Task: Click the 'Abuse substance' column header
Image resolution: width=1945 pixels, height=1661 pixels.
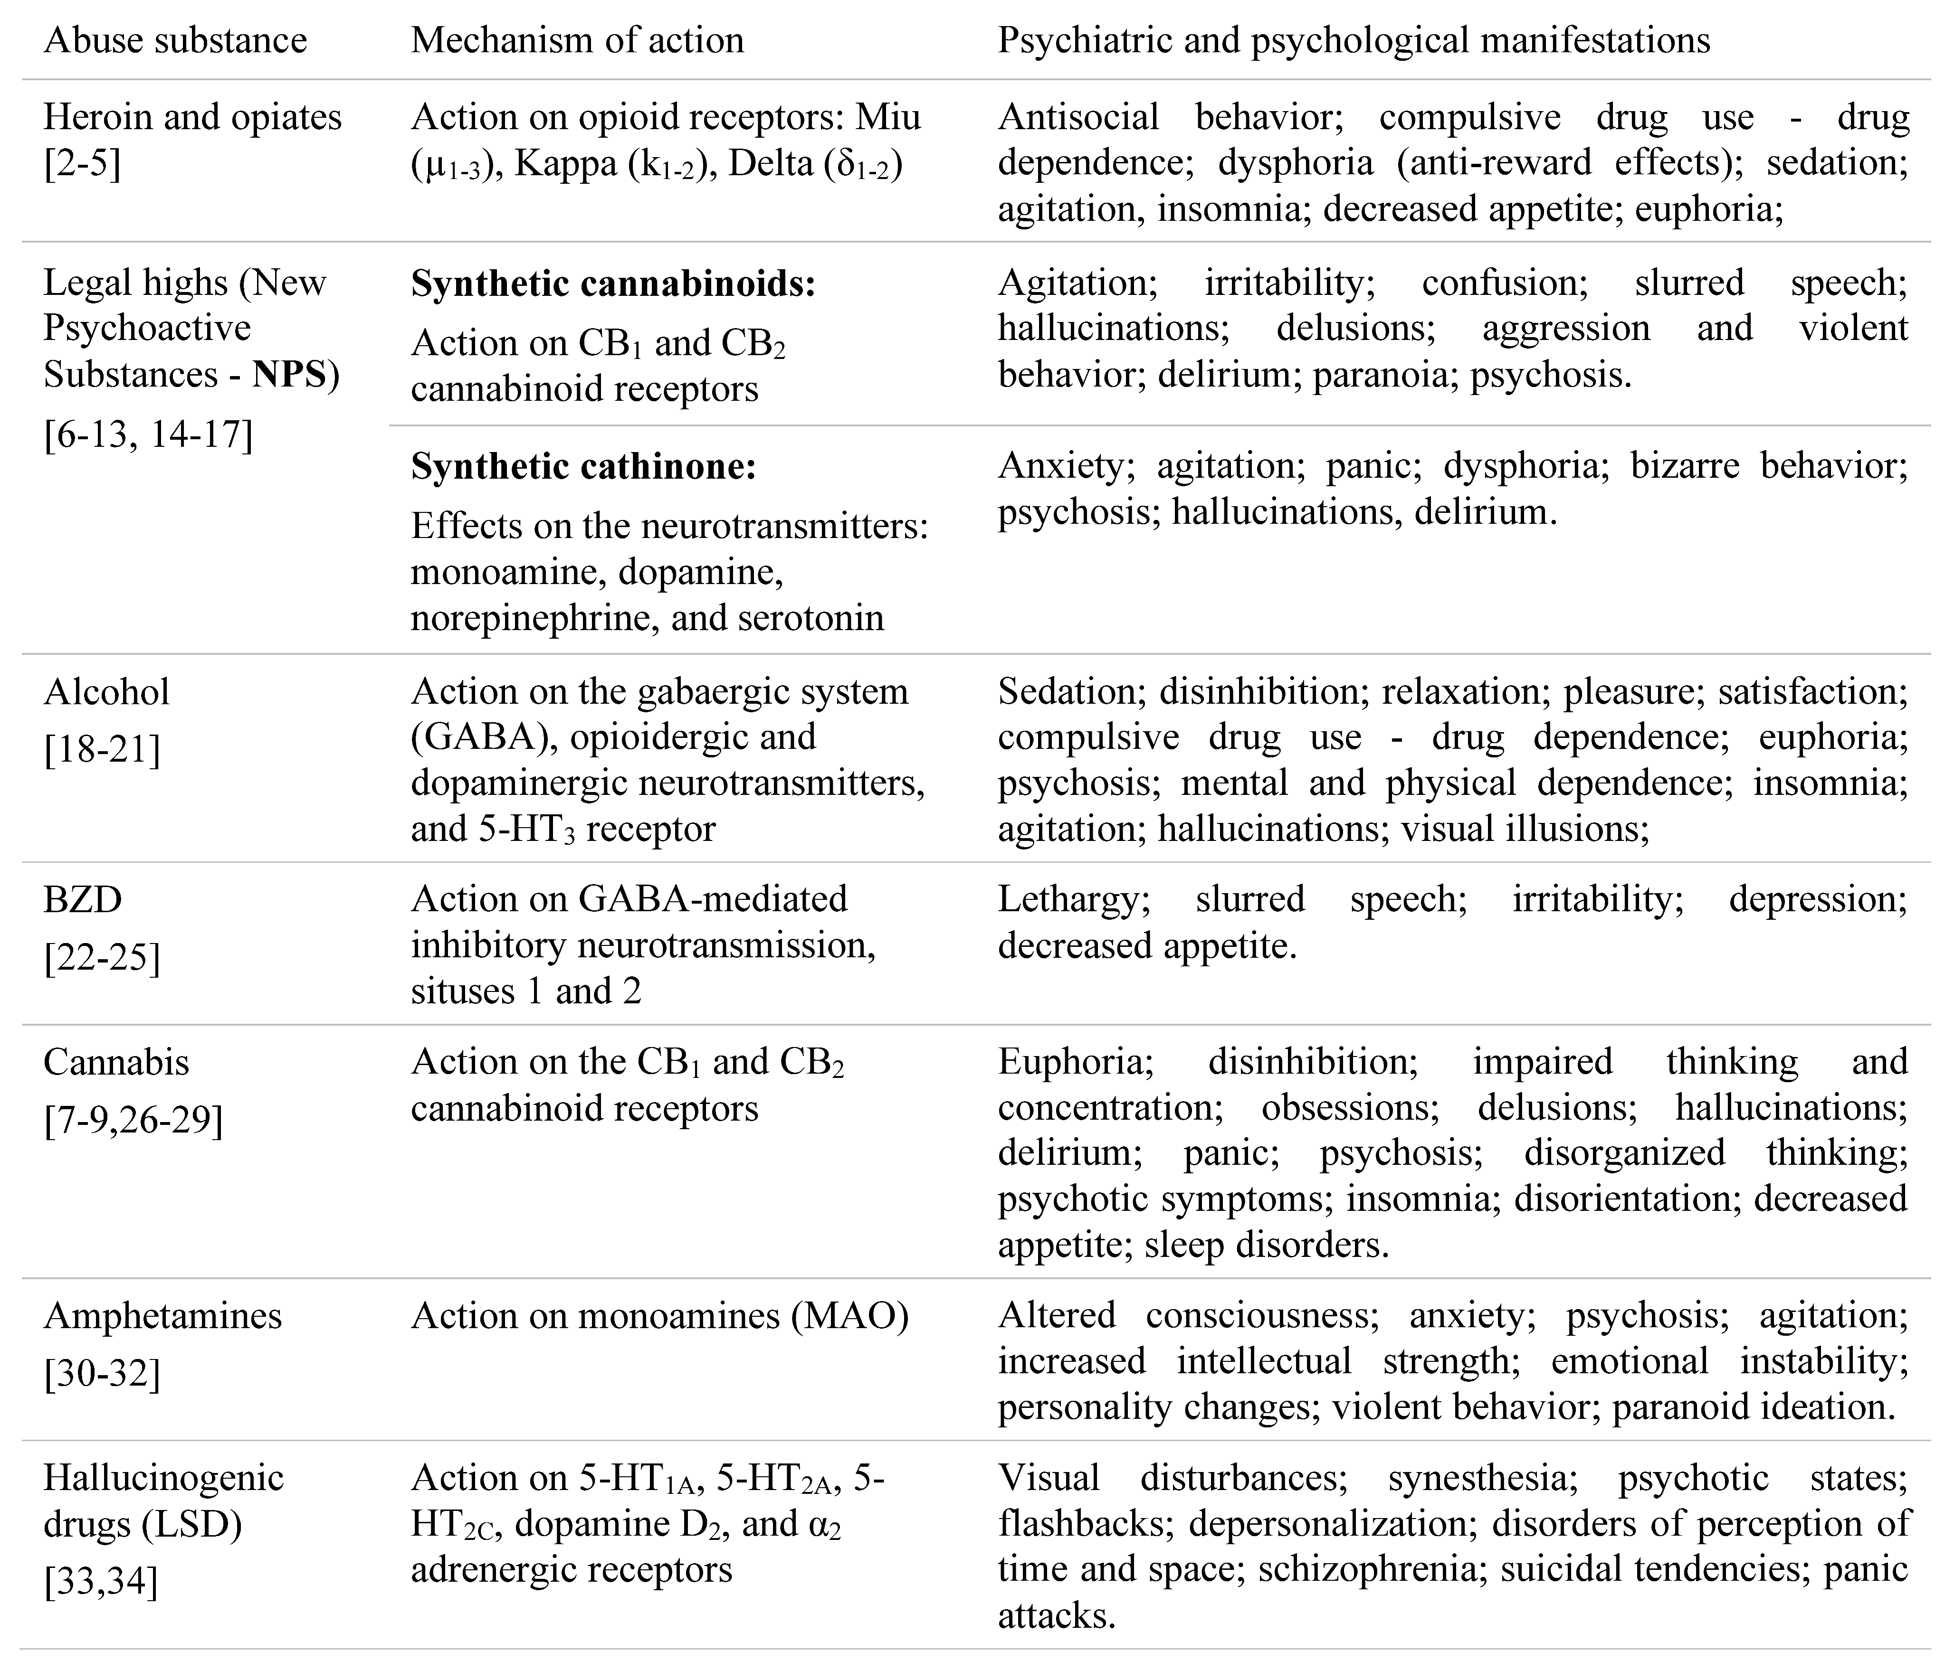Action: [175, 40]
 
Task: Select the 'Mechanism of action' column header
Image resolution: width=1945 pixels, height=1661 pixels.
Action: [577, 40]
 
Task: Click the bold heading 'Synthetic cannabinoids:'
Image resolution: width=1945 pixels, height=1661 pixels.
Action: [613, 283]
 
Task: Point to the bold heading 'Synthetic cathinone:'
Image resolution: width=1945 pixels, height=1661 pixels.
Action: [583, 466]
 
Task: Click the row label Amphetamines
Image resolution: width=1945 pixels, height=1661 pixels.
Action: [162, 1316]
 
